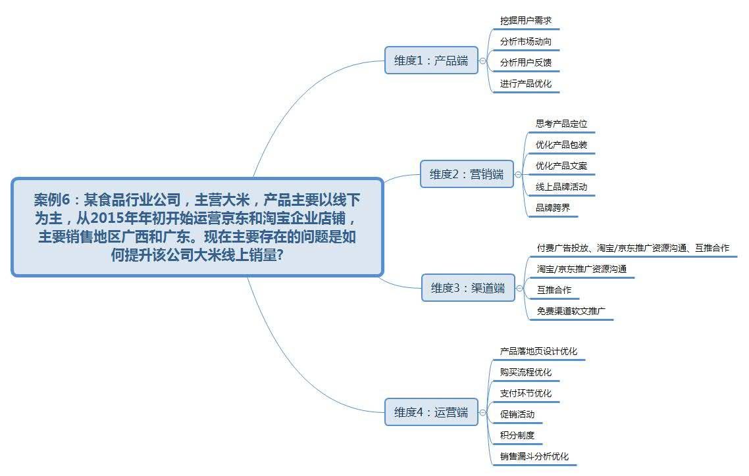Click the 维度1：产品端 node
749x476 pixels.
point(431,60)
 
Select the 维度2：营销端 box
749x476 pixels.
point(467,174)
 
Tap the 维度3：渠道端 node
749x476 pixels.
point(468,287)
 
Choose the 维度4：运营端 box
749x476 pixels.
point(431,412)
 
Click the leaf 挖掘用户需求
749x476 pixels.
point(525,20)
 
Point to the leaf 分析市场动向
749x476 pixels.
point(525,41)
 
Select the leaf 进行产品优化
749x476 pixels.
point(525,83)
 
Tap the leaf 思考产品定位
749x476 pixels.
point(561,124)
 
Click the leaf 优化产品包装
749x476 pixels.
point(561,145)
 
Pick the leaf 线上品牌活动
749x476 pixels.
point(561,187)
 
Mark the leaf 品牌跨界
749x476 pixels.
point(553,208)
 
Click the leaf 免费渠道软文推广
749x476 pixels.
point(571,311)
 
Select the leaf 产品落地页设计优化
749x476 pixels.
point(538,351)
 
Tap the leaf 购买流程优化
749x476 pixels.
point(525,372)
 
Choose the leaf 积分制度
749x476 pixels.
point(517,435)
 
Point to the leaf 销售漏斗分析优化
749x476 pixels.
point(534,456)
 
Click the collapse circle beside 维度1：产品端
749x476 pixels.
point(483,60)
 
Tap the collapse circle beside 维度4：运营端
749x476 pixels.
point(483,412)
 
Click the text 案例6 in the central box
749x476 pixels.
point(52,199)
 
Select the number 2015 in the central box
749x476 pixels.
point(105,218)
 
